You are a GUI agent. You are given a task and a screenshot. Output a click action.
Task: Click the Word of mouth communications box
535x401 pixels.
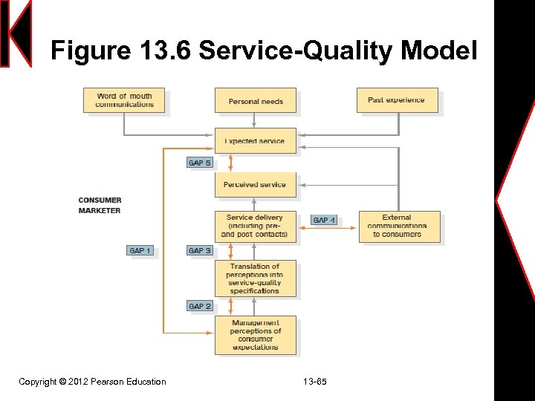[x=124, y=100]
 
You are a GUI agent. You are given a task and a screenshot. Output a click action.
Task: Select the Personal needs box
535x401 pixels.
[x=256, y=101]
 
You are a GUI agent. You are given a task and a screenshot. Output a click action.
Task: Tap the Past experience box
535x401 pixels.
[x=396, y=100]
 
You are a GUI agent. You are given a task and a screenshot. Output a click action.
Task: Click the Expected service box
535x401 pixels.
[x=256, y=140]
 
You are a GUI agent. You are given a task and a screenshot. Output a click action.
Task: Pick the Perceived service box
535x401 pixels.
[x=255, y=185]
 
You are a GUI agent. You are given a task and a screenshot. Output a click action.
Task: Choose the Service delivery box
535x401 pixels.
[x=255, y=226]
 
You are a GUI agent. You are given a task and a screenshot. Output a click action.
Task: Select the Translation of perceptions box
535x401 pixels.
[x=255, y=278]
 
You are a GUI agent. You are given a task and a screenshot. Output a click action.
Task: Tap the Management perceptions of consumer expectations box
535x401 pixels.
[x=255, y=335]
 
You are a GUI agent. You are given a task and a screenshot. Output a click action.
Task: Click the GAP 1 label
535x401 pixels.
[x=140, y=251]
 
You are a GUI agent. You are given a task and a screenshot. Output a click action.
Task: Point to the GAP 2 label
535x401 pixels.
[x=200, y=306]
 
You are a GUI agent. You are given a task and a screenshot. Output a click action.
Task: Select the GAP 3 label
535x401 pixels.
[x=200, y=251]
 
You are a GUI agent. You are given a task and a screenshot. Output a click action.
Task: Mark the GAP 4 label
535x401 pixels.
[x=325, y=221]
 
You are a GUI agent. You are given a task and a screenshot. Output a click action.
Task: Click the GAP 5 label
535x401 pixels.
[x=200, y=163]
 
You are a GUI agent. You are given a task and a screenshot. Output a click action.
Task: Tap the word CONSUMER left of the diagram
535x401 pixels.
[x=100, y=200]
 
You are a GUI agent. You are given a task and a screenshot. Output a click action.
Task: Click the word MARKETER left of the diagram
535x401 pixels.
[x=99, y=211]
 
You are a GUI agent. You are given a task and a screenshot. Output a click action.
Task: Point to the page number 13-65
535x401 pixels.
[x=315, y=382]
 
